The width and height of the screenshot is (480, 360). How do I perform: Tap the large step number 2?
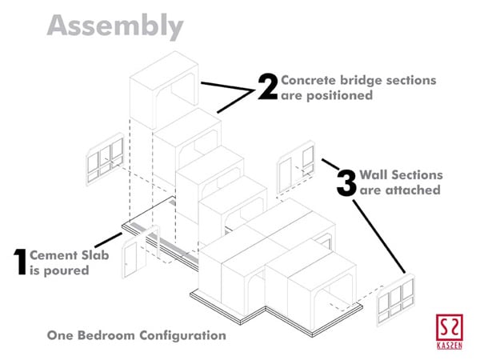(266, 86)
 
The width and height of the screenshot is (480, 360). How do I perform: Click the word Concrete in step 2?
(309, 81)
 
